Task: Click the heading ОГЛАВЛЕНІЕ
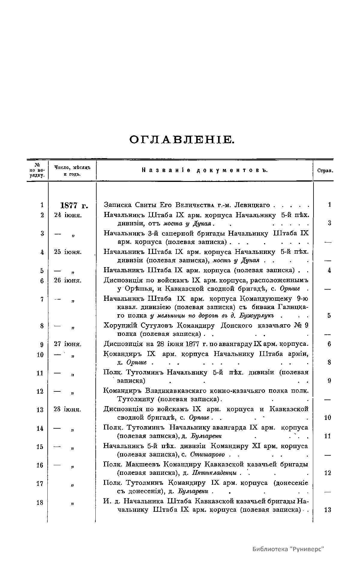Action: pos(181,140)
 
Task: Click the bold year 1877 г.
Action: pos(74,206)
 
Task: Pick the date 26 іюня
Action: pos(67,280)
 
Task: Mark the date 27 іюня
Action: pos(67,344)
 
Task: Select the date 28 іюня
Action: pos(67,409)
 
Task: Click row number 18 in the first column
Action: pos(40,502)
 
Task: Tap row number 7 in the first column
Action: pos(42,299)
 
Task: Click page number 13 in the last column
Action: pos(328,510)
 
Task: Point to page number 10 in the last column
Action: pos(328,418)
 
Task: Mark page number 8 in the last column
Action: pos(329,362)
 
